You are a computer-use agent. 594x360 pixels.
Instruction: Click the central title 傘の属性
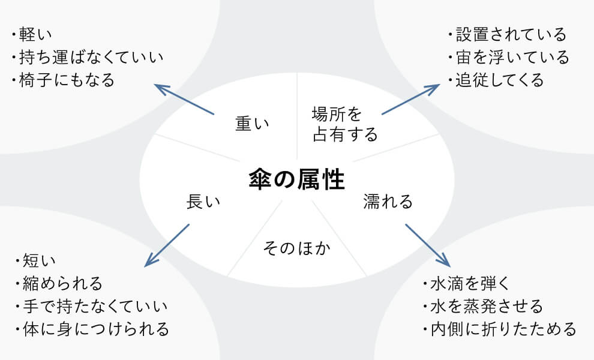coord(297,179)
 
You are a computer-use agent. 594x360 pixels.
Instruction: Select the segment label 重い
coord(251,124)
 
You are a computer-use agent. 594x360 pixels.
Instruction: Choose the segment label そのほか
coord(298,248)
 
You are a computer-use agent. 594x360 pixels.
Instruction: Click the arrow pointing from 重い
coord(184,99)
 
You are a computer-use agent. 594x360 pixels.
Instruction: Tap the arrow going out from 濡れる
coord(427,245)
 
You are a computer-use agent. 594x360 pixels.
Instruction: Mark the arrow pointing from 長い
coord(167,245)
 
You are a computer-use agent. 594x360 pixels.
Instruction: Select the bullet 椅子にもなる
coord(63,80)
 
